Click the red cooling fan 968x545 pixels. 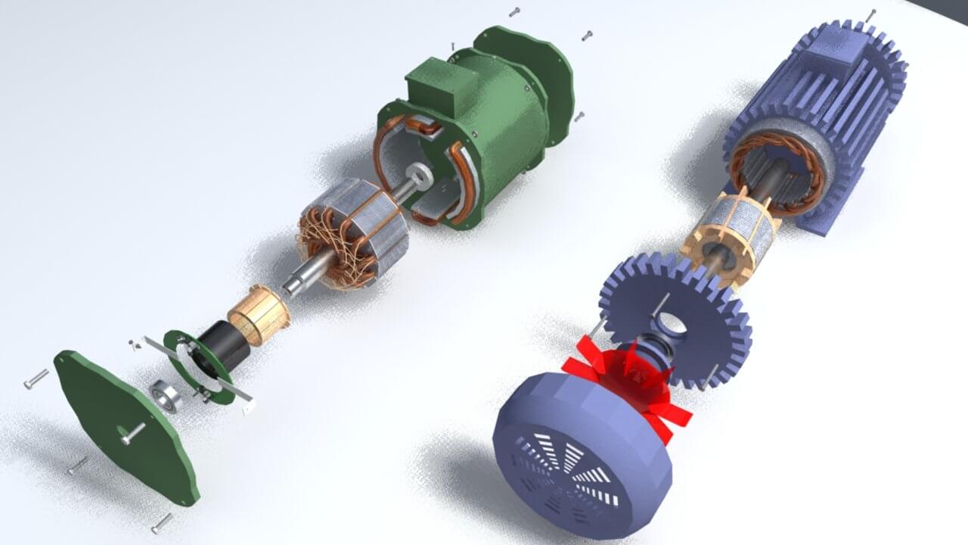coord(635,382)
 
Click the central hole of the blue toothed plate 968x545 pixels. coord(669,322)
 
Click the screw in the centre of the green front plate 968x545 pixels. coord(132,433)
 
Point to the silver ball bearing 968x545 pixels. coord(166,396)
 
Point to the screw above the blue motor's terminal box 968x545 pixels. coord(871,14)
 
